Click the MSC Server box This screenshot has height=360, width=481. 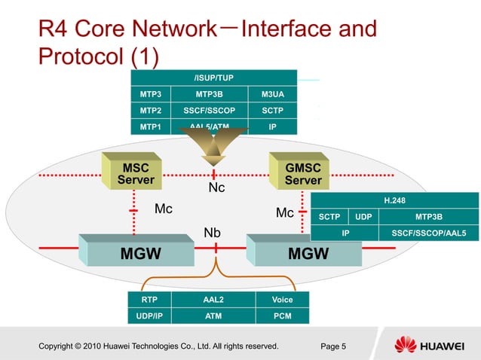(x=136, y=173)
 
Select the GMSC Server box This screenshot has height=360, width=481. (x=303, y=173)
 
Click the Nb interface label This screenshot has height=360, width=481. (x=213, y=233)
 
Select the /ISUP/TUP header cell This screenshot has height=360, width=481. (x=214, y=78)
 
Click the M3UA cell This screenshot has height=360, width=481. (x=272, y=94)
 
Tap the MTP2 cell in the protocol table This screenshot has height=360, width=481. (x=151, y=111)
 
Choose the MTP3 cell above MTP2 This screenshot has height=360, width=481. (x=151, y=94)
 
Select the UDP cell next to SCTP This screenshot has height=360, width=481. (x=363, y=217)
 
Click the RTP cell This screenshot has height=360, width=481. (x=149, y=300)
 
